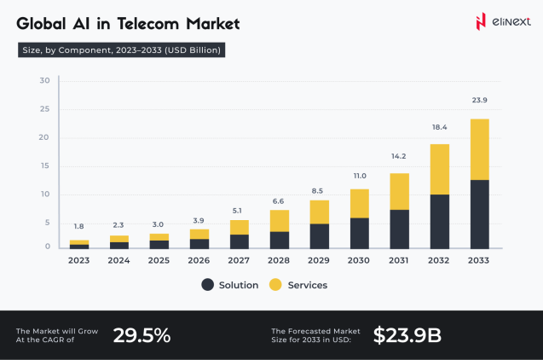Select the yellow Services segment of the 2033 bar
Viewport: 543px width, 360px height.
(x=480, y=149)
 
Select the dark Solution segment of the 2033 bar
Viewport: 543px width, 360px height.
(x=480, y=214)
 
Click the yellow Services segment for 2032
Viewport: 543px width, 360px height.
(x=440, y=169)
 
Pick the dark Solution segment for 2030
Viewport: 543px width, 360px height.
(x=360, y=233)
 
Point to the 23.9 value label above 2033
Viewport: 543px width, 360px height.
(x=480, y=101)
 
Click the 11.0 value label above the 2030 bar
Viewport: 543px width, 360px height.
(x=360, y=175)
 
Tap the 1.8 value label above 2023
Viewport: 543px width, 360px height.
(x=78, y=226)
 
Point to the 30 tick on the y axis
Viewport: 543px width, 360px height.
(x=44, y=81)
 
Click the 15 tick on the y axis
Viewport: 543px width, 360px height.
(x=44, y=165)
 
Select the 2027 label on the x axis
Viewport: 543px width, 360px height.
(x=240, y=261)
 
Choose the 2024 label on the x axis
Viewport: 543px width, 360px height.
(x=119, y=261)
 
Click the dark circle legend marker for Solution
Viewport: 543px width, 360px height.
(x=207, y=285)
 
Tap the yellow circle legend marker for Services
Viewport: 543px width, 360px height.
(x=275, y=285)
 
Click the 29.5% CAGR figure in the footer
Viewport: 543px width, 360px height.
(x=142, y=335)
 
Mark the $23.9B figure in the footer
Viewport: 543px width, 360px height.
(x=407, y=335)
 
